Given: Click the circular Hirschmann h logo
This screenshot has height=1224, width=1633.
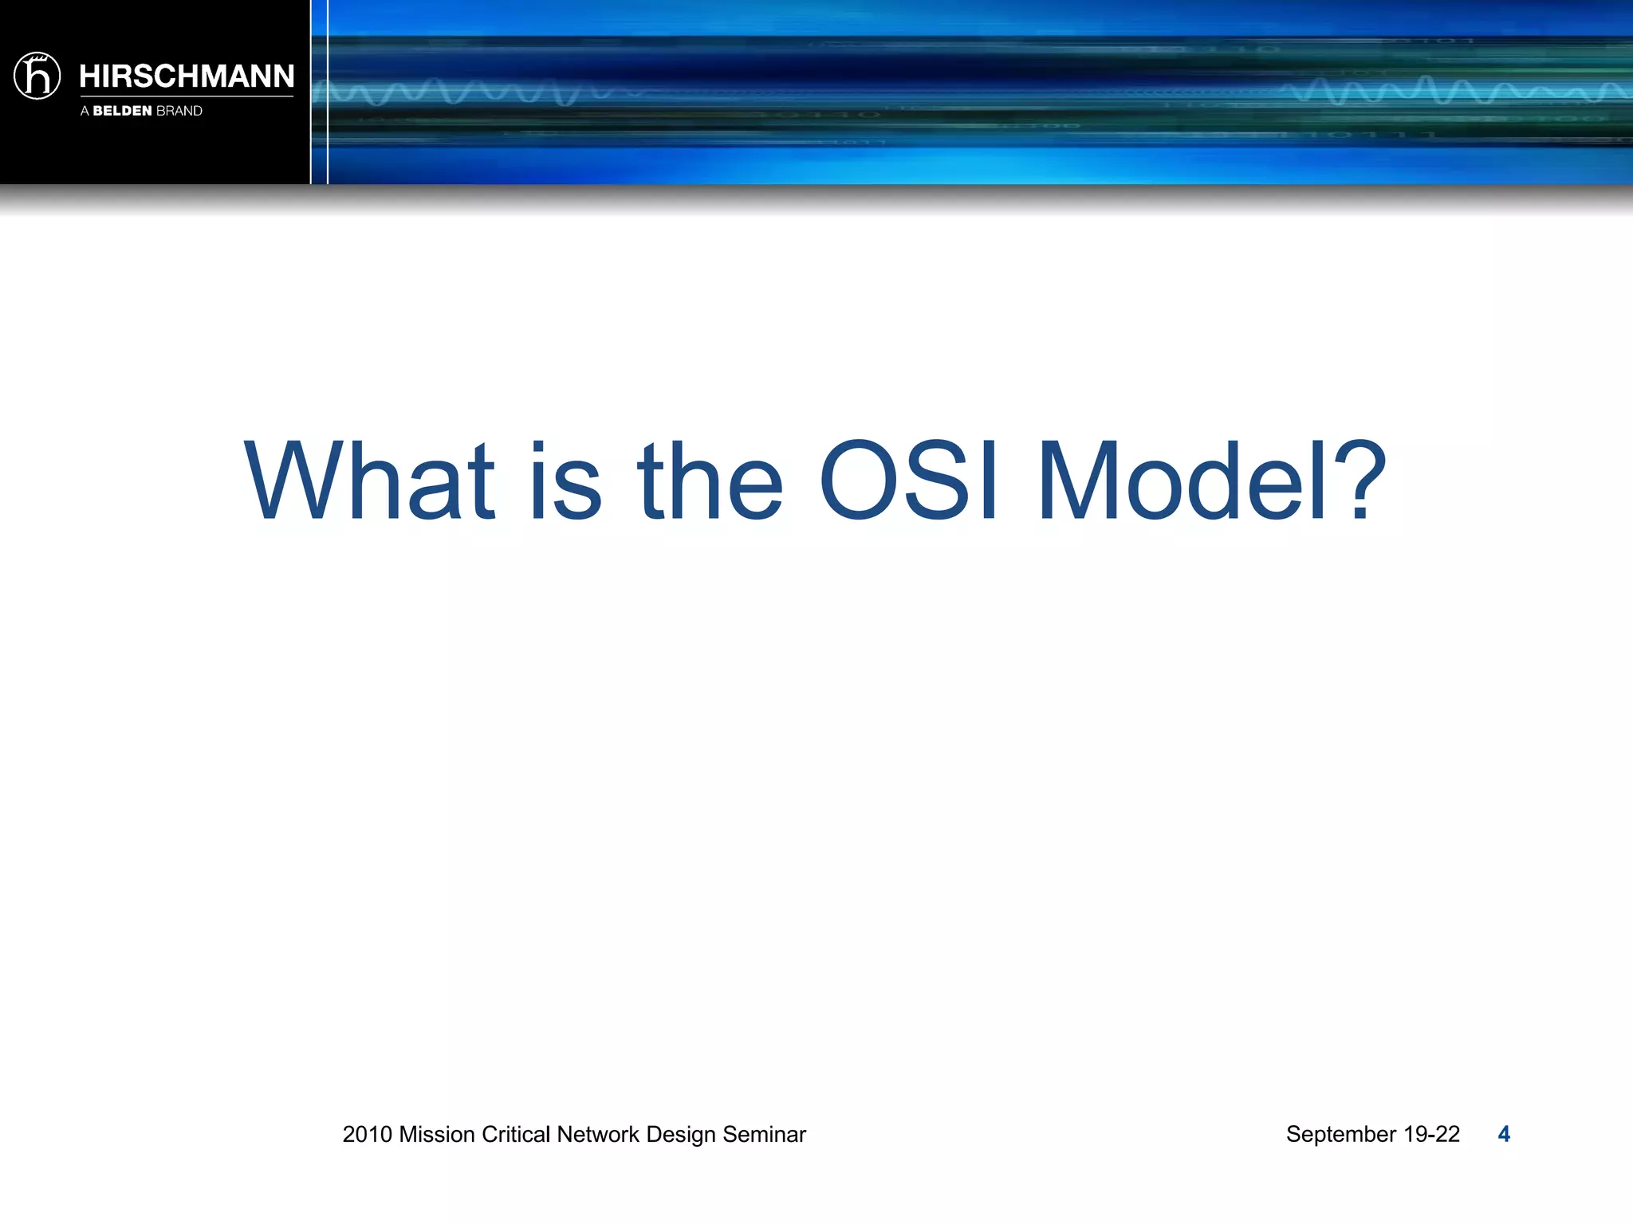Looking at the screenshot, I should coord(37,76).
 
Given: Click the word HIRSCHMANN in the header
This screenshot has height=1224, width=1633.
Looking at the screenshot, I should coord(187,76).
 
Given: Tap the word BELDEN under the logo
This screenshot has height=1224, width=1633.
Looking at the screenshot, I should coord(122,111).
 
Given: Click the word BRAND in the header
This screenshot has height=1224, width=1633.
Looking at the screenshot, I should coord(179,111).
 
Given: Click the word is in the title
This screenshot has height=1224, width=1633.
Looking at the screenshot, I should coord(565,482).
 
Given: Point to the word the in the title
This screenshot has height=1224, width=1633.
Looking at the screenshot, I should coord(710,482).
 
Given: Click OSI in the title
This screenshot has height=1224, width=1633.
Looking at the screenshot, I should coord(908,482).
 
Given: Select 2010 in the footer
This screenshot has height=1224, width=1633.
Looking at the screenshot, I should coord(367,1134).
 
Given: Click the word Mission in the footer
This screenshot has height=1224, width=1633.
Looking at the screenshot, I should coord(437,1134).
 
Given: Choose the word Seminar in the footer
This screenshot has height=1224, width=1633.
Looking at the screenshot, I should coord(764,1134).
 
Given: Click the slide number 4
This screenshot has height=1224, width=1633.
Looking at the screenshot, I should coord(1504,1134).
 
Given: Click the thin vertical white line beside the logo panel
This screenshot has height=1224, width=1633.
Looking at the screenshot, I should coord(328,92).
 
